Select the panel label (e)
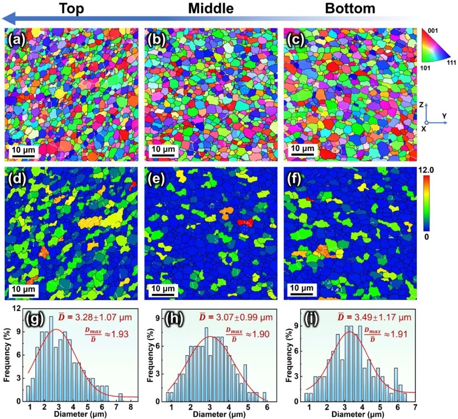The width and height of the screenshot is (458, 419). (159, 178)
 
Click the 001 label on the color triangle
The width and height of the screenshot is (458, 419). (441, 32)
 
